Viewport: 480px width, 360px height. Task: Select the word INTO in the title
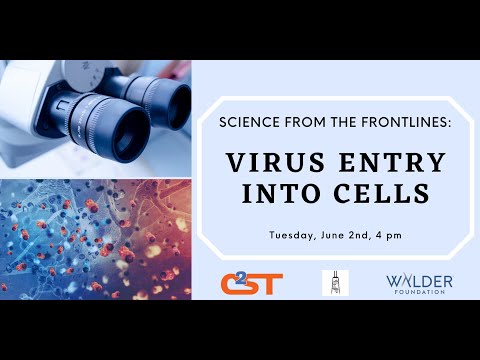click(x=283, y=191)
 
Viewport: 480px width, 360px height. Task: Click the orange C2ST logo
click(x=251, y=283)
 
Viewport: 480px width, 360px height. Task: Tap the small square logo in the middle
click(x=335, y=282)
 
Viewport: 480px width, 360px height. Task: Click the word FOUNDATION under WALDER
click(x=418, y=293)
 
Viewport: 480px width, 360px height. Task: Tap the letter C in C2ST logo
click(x=233, y=283)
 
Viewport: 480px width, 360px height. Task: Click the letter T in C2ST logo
click(x=272, y=284)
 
